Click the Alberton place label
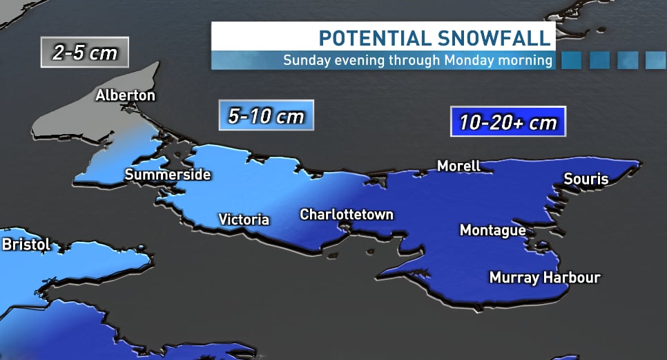pyautogui.click(x=126, y=95)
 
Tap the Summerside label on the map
pyautogui.click(x=167, y=175)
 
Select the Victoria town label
pyautogui.click(x=244, y=220)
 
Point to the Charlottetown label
pyautogui.click(x=347, y=214)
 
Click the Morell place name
pyautogui.click(x=458, y=166)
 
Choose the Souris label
pyautogui.click(x=586, y=180)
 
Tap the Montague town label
pyautogui.click(x=492, y=230)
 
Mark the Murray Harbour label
pyautogui.click(x=545, y=278)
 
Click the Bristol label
pyautogui.click(x=26, y=245)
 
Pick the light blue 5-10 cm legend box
pyautogui.click(x=266, y=115)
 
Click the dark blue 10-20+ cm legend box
pyautogui.click(x=507, y=122)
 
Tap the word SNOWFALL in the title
pyautogui.click(x=488, y=37)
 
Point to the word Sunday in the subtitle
pyautogui.click(x=303, y=60)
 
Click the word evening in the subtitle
pyautogui.click(x=353, y=60)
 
